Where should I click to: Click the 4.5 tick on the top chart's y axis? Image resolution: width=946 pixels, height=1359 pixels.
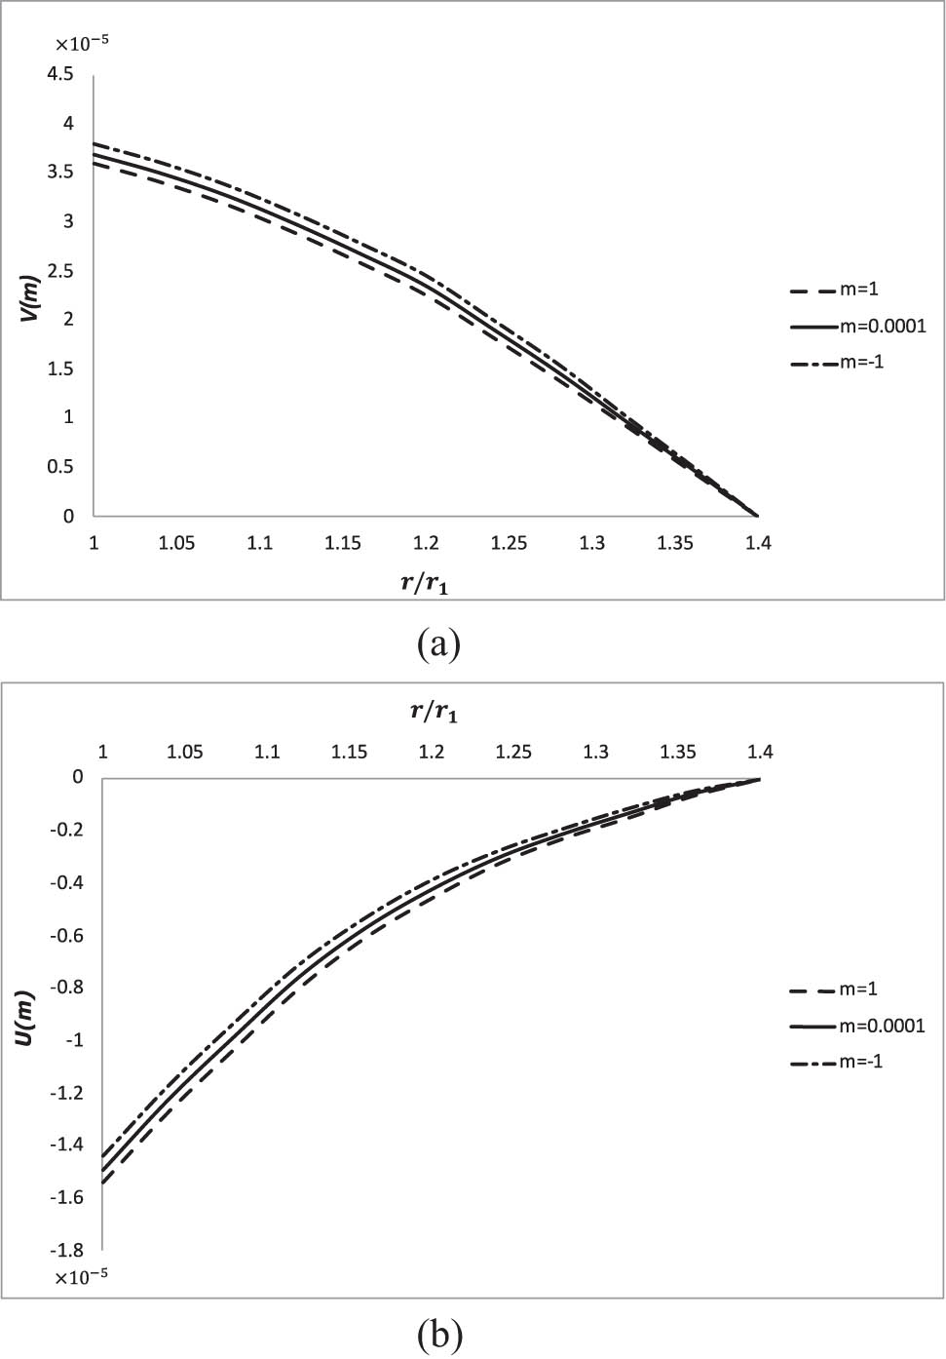pyautogui.click(x=60, y=74)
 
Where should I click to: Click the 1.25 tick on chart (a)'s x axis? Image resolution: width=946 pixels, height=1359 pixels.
pyautogui.click(x=509, y=543)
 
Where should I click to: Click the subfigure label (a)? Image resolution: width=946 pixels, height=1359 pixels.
pyautogui.click(x=437, y=644)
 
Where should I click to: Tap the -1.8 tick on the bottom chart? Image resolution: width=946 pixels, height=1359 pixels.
pyautogui.click(x=66, y=1250)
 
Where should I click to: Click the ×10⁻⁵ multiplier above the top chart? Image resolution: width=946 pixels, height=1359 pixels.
pyautogui.click(x=81, y=44)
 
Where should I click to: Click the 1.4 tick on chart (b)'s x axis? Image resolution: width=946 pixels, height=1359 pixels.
pyautogui.click(x=760, y=752)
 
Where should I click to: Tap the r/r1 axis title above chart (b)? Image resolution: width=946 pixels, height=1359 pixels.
pyautogui.click(x=434, y=712)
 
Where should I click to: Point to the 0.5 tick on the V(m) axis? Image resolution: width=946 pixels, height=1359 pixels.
pyautogui.click(x=61, y=467)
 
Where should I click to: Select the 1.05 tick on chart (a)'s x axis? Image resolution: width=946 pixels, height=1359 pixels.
pyautogui.click(x=176, y=543)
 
